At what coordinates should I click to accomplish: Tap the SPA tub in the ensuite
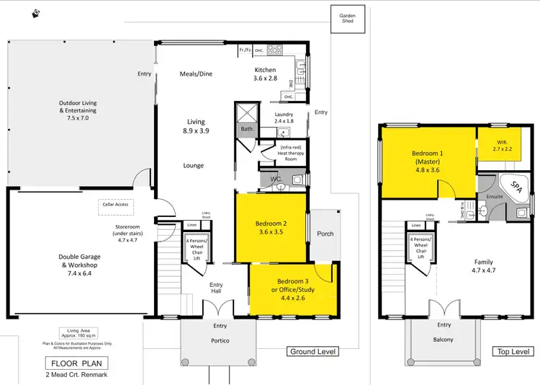click(x=516, y=187)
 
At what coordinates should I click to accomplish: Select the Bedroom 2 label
click(x=271, y=228)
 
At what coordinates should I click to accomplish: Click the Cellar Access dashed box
click(x=114, y=204)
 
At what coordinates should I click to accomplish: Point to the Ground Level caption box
click(x=313, y=351)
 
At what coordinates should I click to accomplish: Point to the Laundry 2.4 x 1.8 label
click(x=284, y=118)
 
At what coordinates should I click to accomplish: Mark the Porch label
click(x=325, y=234)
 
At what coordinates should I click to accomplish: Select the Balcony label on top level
click(x=444, y=340)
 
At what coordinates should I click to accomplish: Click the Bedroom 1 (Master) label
click(x=431, y=162)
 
